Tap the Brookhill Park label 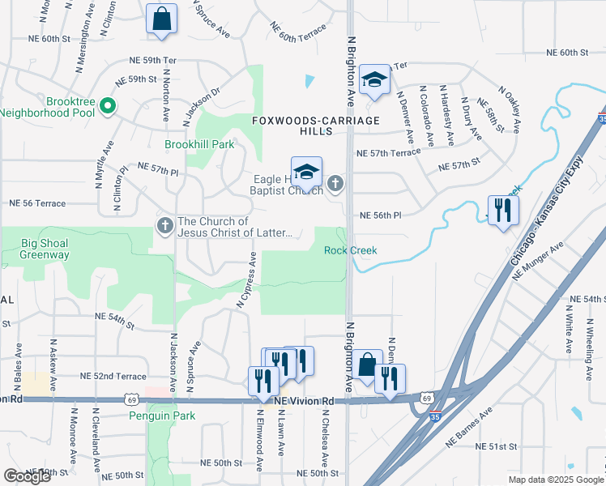pyautogui.click(x=199, y=144)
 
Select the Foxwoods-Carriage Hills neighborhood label pyautogui.click(x=315, y=126)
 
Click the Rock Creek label pyautogui.click(x=351, y=250)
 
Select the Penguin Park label pyautogui.click(x=162, y=416)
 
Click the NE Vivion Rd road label pyautogui.click(x=304, y=401)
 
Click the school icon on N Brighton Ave pyautogui.click(x=374, y=79)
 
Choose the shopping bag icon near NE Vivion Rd pyautogui.click(x=367, y=365)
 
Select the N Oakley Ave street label pyautogui.click(x=509, y=109)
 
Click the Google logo pyautogui.click(x=27, y=476)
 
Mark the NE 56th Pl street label pyautogui.click(x=380, y=215)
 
